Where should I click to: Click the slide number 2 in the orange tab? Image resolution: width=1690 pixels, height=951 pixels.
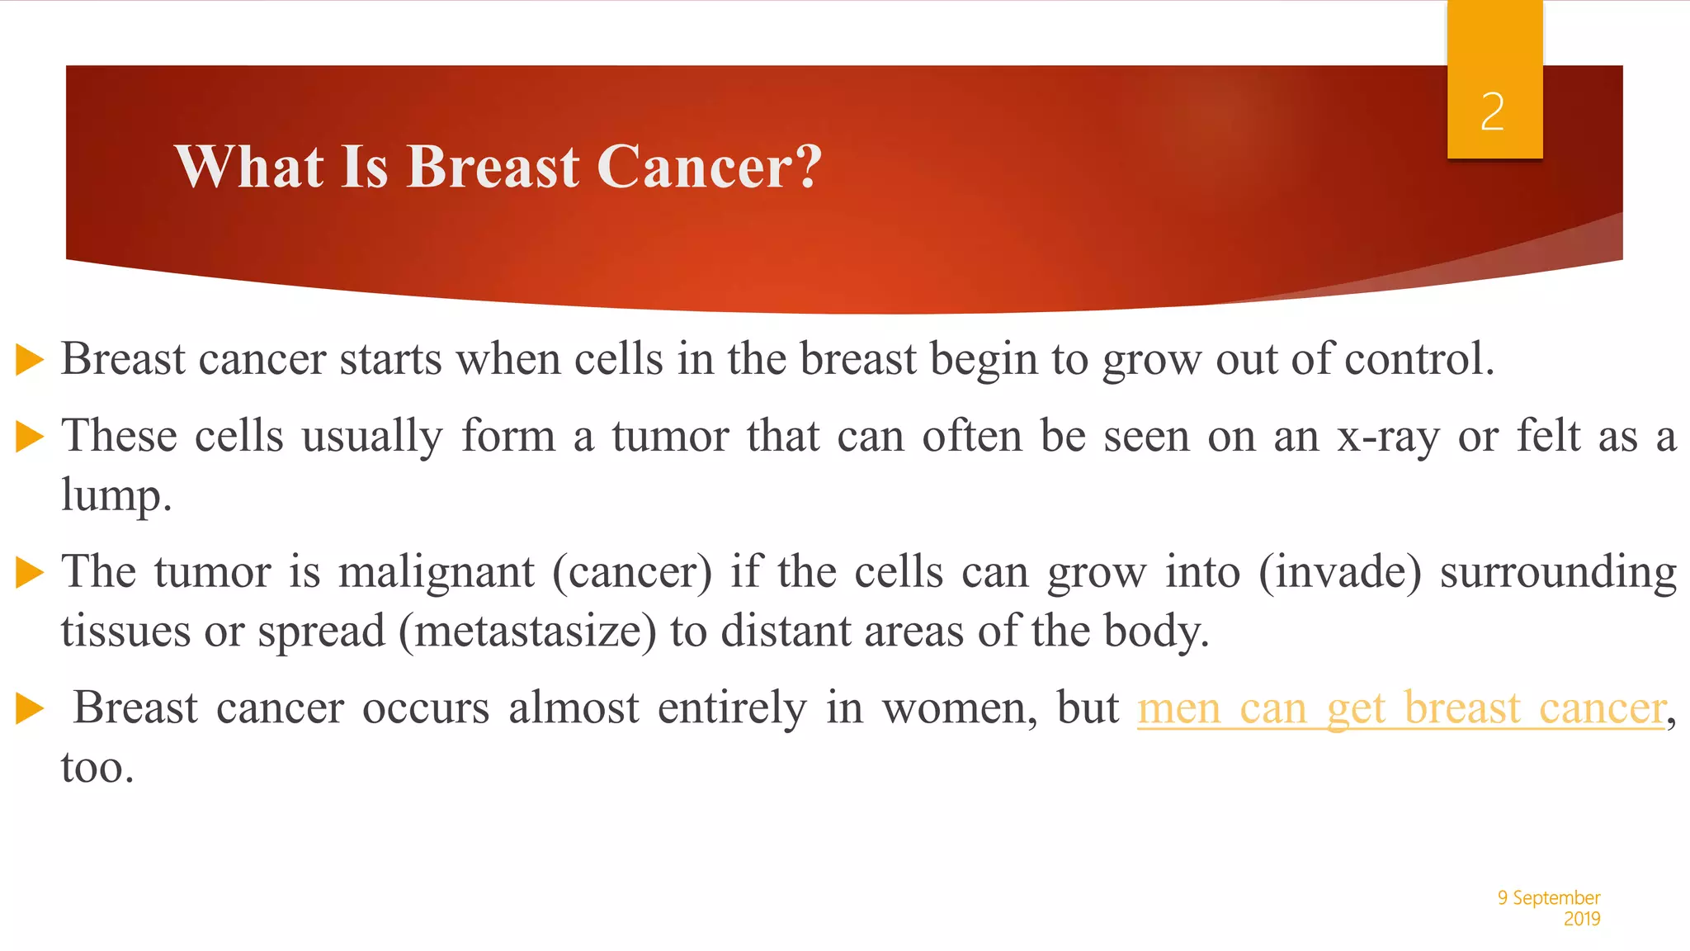1492,112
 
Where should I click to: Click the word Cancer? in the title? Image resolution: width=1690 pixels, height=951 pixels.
709,167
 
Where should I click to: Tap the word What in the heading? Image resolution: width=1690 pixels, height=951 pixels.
248,167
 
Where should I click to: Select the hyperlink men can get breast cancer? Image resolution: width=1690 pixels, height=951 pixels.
1401,708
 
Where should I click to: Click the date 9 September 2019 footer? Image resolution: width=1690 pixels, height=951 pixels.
1549,907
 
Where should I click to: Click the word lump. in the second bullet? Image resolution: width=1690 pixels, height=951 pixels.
116,495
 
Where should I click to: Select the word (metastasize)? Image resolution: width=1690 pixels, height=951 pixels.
527,632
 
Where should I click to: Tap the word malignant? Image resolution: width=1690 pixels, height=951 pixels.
437,572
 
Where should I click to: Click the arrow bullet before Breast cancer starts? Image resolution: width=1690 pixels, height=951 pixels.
30,360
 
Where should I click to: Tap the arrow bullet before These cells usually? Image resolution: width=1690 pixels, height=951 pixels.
30,437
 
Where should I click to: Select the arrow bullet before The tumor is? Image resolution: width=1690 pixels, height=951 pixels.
30,572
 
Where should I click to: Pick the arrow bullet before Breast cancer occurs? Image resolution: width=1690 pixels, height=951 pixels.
30,708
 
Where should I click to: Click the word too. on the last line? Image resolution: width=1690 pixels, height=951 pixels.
97,768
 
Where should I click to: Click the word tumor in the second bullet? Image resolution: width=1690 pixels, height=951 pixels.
670,436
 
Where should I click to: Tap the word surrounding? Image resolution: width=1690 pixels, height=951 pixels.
1558,572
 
